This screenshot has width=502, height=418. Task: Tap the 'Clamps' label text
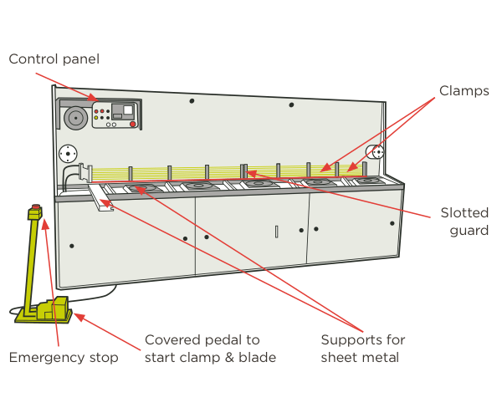click(x=464, y=90)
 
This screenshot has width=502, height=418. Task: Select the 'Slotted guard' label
click(x=464, y=222)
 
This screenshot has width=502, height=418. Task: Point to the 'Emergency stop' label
click(x=64, y=358)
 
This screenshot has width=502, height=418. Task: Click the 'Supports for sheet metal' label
click(x=363, y=349)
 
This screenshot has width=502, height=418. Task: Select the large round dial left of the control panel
click(x=75, y=118)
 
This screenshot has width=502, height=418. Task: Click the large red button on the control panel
click(x=132, y=125)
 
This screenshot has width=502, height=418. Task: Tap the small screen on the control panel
click(x=128, y=110)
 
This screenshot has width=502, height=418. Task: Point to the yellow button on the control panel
click(x=97, y=118)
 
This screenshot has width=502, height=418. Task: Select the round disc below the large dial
click(x=67, y=155)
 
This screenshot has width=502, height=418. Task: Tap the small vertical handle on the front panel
click(x=276, y=232)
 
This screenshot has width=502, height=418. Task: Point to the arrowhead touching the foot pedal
click(x=78, y=316)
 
